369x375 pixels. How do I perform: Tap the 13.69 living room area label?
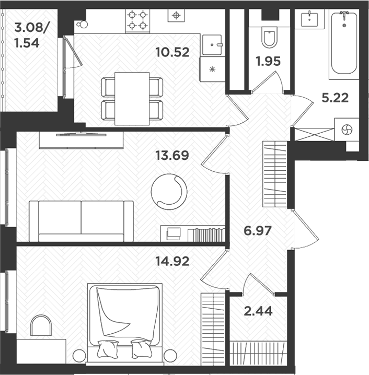click(172, 155)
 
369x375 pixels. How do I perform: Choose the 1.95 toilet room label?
click(268, 61)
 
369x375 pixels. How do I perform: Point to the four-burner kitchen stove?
click(137, 19)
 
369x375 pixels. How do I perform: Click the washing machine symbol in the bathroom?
click(346, 130)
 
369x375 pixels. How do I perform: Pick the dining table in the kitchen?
click(132, 98)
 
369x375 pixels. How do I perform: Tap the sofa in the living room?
click(81, 220)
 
